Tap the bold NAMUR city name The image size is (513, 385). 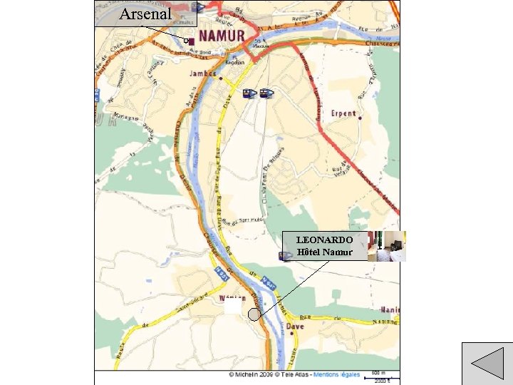point(222,36)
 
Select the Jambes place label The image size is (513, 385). point(202,74)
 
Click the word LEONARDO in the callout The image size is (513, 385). point(324,240)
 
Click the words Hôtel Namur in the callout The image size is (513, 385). point(324,252)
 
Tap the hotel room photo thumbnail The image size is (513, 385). point(387,246)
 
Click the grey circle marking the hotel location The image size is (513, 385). point(254,314)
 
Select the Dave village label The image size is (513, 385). point(295,326)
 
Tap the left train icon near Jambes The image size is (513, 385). point(249,93)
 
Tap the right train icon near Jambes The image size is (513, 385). point(266,93)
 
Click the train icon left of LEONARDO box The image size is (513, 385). point(286,256)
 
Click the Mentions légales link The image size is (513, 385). point(340,374)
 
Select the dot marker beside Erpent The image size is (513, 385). point(361,118)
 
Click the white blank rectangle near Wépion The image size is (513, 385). point(232,307)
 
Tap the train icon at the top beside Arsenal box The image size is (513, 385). point(198,8)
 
